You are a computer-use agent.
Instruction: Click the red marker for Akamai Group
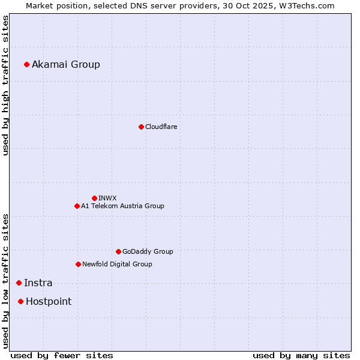[26, 64]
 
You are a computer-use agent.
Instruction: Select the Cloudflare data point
[141, 127]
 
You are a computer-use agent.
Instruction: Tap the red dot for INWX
[94, 198]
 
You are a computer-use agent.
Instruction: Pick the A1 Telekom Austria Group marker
[77, 206]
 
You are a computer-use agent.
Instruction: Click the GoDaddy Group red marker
[118, 251]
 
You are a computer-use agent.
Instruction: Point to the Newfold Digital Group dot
[78, 264]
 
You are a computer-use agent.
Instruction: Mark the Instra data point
[19, 283]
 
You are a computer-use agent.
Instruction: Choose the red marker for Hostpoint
[20, 301]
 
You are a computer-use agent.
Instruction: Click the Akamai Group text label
[66, 64]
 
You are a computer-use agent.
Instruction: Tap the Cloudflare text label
[161, 127]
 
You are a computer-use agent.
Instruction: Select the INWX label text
[107, 198]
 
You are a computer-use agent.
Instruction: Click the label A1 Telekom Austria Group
[122, 206]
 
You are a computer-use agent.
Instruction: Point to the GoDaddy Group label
[148, 251]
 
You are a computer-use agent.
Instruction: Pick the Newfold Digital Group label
[117, 264]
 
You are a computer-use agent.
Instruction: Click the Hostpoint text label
[49, 301]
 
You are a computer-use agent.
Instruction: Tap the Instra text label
[38, 283]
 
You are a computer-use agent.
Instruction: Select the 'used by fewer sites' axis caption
[62, 355]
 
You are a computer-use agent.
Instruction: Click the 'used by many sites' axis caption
[301, 355]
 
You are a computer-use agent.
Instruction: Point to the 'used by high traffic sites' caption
[5, 85]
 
